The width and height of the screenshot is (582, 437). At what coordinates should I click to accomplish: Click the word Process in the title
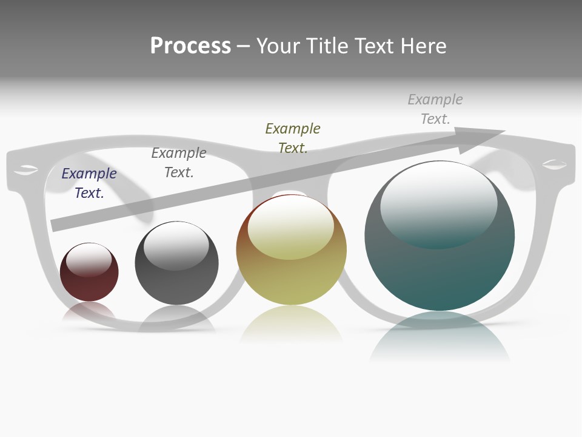click(x=190, y=46)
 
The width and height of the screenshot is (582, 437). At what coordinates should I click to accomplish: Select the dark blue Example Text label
click(x=89, y=183)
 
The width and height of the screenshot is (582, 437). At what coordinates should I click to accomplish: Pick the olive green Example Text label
click(x=293, y=138)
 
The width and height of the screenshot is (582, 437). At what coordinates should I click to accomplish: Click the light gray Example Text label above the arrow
click(x=435, y=109)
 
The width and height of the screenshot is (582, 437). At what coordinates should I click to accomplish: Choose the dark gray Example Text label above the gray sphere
click(x=179, y=163)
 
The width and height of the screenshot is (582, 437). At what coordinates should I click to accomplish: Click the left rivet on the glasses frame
click(x=25, y=169)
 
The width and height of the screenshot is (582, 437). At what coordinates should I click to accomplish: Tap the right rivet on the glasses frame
click(x=554, y=164)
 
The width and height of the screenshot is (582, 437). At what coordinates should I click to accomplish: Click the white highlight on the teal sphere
click(x=439, y=200)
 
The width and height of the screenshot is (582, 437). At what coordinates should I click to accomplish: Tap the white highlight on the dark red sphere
click(x=89, y=258)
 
